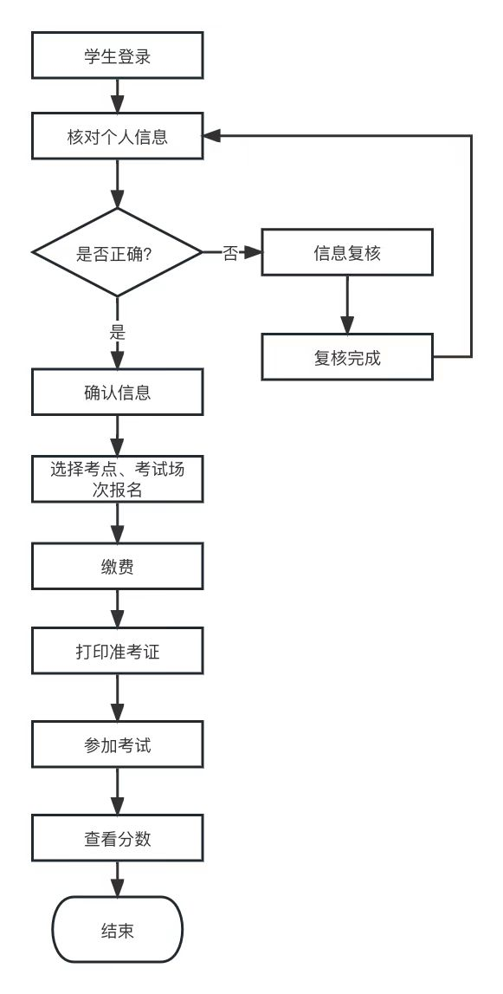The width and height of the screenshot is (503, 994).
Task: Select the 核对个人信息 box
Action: point(117,137)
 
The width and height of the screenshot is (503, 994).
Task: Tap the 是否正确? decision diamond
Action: point(117,253)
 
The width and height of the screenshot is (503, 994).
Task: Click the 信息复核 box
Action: point(347,253)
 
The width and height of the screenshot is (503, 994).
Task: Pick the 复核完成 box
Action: point(347,357)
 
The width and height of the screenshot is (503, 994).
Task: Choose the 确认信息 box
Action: point(117,392)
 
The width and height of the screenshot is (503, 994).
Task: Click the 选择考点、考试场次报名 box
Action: point(117,478)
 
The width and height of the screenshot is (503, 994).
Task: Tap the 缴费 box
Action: point(117,568)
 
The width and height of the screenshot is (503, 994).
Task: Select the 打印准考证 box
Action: point(117,652)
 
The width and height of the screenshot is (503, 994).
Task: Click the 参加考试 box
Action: point(117,744)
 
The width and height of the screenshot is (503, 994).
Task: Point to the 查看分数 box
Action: point(117,837)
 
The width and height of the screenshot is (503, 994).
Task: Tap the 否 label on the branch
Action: point(230,253)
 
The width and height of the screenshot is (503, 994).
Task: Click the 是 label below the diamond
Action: point(117,333)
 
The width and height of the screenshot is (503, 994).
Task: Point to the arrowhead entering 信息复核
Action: point(254,253)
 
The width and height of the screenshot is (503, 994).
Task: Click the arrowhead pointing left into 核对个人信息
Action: point(212,136)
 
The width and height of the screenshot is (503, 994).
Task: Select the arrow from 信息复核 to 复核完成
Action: point(347,304)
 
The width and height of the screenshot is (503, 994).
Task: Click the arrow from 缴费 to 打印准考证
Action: point(117,608)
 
